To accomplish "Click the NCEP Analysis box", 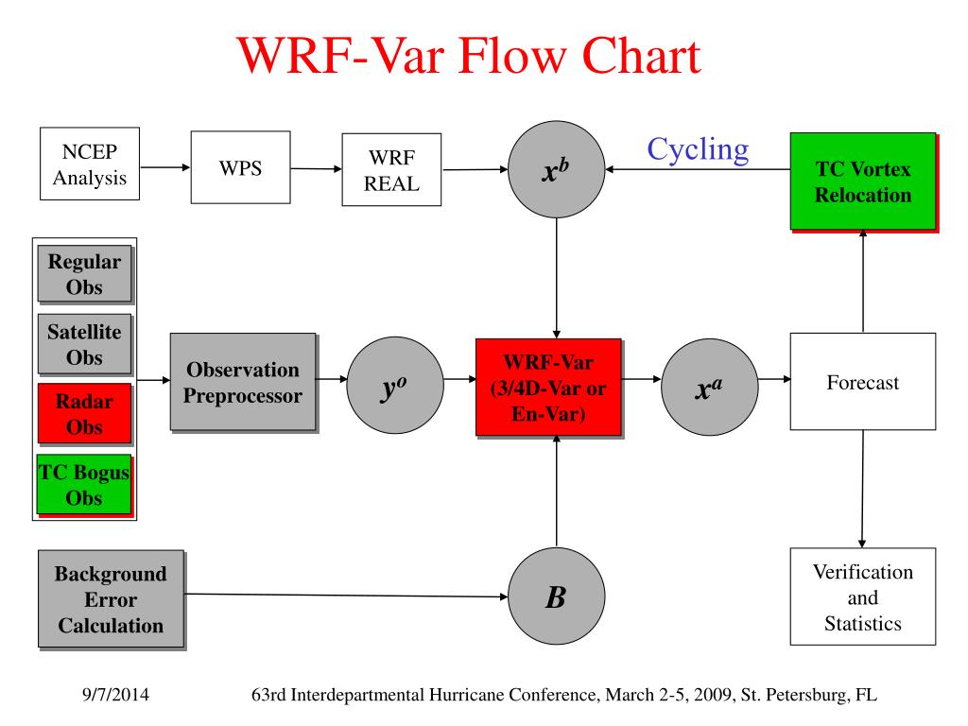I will click(90, 164).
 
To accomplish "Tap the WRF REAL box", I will click(391, 169).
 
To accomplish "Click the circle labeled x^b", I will click(556, 170).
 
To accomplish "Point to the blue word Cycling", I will click(698, 149).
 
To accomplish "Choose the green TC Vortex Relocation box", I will click(862, 181).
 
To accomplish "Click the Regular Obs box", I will click(84, 274).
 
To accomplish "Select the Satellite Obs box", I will click(84, 344).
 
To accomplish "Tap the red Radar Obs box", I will click(84, 413).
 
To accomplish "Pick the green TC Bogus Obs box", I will click(84, 484).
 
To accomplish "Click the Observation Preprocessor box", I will click(243, 382).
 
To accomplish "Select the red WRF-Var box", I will click(548, 386).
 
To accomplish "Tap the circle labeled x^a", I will click(709, 382).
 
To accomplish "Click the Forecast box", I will click(862, 383).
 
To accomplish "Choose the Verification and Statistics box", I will click(862, 596).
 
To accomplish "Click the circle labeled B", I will click(556, 596).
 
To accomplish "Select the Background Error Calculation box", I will click(111, 599).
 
